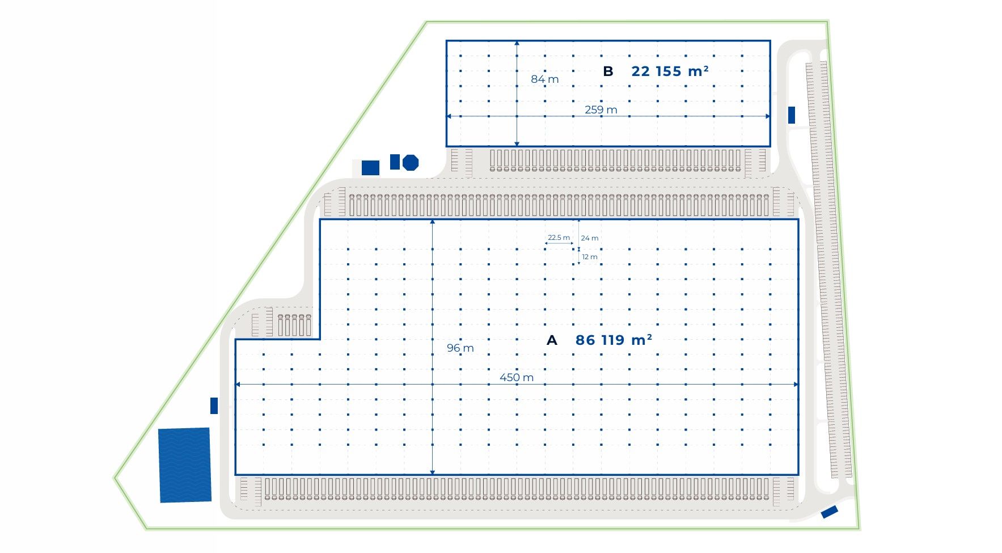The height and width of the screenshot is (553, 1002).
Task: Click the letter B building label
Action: pyautogui.click(x=608, y=71)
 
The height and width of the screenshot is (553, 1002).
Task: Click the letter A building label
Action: pyautogui.click(x=552, y=340)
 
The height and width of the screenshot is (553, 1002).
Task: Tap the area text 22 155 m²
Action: pyautogui.click(x=670, y=71)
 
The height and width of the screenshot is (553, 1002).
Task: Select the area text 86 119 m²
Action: pyautogui.click(x=614, y=340)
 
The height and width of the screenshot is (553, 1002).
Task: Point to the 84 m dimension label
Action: pyautogui.click(x=545, y=79)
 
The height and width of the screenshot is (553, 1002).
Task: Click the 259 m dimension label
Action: pyautogui.click(x=601, y=109)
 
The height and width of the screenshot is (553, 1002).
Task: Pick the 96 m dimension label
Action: pyautogui.click(x=460, y=348)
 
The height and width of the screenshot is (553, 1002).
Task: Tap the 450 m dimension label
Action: pyautogui.click(x=517, y=377)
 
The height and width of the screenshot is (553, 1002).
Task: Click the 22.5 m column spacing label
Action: pyautogui.click(x=559, y=238)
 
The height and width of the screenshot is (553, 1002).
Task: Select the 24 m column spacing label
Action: pyautogui.click(x=590, y=238)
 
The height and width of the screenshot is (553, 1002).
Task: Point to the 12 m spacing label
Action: pyautogui.click(x=590, y=257)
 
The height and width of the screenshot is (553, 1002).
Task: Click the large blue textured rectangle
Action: pyautogui.click(x=185, y=465)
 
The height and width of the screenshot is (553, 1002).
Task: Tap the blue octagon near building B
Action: pyautogui.click(x=411, y=163)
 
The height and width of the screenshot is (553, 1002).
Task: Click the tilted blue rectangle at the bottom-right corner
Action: pyautogui.click(x=830, y=512)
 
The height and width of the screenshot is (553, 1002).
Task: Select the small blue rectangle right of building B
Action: pyautogui.click(x=792, y=115)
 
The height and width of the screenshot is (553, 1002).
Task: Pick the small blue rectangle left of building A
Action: pyautogui.click(x=214, y=406)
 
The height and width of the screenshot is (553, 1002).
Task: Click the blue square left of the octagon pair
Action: pyautogui.click(x=370, y=168)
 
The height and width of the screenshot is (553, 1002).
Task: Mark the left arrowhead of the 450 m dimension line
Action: pyautogui.click(x=238, y=385)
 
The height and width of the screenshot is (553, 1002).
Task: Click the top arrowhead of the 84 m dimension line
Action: pyautogui.click(x=517, y=43)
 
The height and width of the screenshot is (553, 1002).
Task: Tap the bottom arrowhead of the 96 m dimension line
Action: pyautogui.click(x=433, y=472)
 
